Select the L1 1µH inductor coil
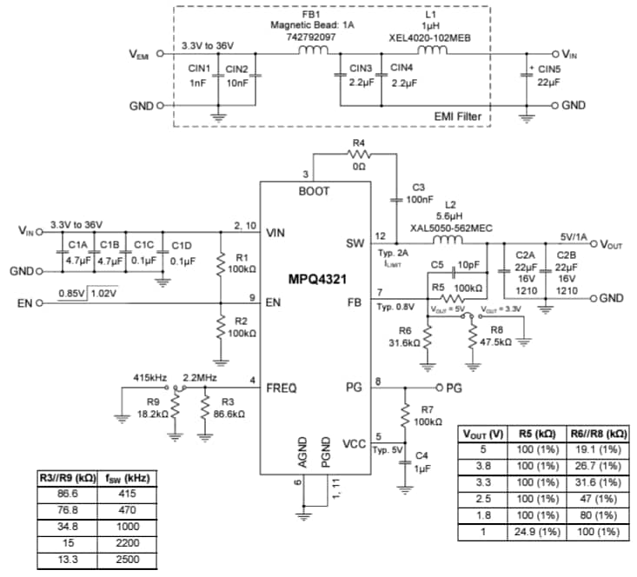(x=432, y=50)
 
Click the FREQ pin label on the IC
(x=281, y=388)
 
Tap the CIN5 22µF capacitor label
(x=550, y=76)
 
